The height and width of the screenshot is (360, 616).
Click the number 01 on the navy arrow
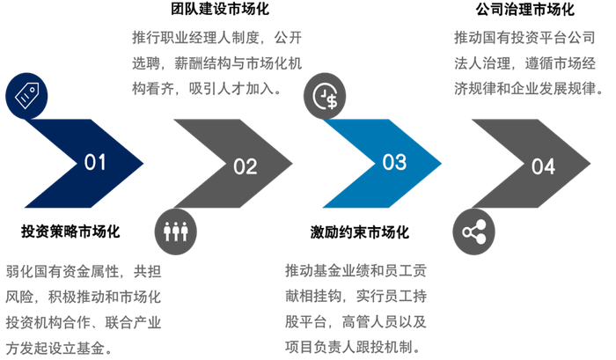pos(95,163)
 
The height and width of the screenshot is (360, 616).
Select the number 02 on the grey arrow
pos(245,165)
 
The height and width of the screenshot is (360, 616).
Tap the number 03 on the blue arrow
pos(394,163)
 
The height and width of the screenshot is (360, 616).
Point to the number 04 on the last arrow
pos(543,165)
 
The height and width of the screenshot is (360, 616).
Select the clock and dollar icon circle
pos(325,95)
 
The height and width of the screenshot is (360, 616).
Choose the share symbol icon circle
pos(473,231)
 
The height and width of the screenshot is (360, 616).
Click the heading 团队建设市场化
pos(219,11)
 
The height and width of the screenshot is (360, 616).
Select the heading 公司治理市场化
pos(524,11)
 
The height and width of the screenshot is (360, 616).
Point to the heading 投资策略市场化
pos(70,232)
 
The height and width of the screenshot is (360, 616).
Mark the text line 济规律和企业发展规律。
pos(527,88)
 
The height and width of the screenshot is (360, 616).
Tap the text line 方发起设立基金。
pos(58,348)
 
